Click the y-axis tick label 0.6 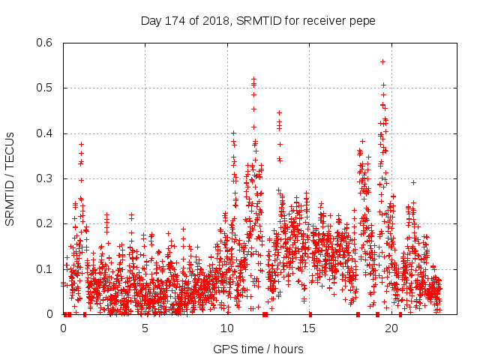tap(46, 43)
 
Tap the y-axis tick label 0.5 tap(46, 88)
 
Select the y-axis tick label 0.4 tap(46, 133)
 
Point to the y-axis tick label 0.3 tap(46, 178)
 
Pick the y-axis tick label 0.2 tap(46, 224)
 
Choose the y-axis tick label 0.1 tap(46, 269)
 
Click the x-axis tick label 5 tap(145, 328)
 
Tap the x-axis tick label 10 tap(227, 328)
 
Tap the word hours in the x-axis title tap(289, 349)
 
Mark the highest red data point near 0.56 tap(383, 61)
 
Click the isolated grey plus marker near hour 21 tap(413, 182)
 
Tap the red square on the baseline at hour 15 tap(310, 314)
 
